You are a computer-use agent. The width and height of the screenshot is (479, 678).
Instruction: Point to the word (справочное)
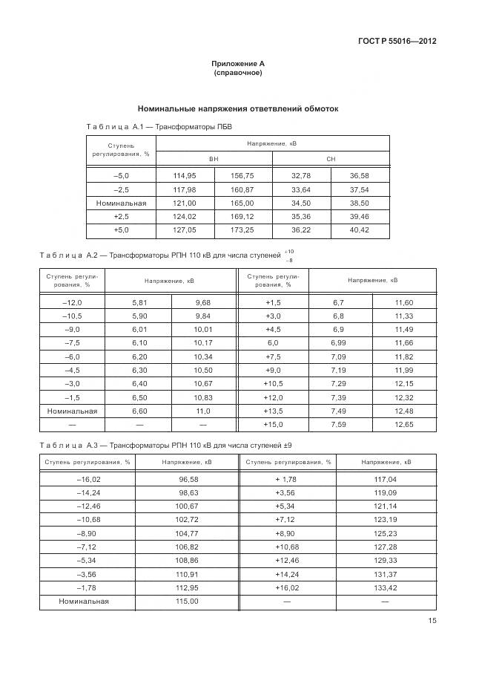click(238, 73)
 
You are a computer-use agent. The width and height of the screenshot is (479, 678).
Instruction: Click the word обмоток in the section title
click(320, 108)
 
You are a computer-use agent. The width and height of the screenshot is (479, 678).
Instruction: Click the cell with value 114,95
click(184, 175)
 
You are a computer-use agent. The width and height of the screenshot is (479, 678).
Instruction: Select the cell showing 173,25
click(242, 230)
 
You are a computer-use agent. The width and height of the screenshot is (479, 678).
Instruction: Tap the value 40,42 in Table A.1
click(359, 230)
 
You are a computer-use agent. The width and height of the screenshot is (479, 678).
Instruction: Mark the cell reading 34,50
click(301, 203)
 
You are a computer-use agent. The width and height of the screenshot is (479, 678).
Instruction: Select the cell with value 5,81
click(139, 303)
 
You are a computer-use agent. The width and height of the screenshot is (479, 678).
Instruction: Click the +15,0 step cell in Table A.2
click(273, 424)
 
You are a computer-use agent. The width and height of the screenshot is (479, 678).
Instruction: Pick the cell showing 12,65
click(404, 424)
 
